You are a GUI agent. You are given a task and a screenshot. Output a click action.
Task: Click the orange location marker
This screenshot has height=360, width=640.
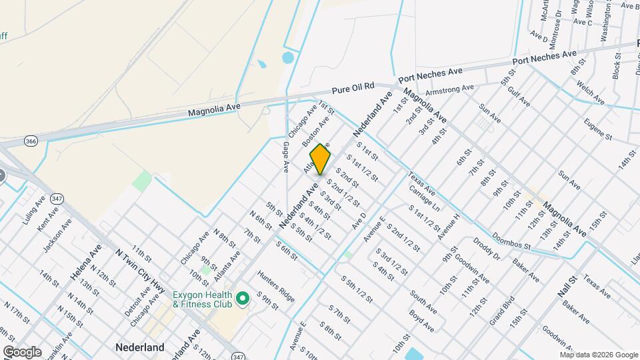(x=321, y=159)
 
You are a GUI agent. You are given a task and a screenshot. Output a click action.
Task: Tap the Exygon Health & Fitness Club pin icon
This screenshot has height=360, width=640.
(x=243, y=297)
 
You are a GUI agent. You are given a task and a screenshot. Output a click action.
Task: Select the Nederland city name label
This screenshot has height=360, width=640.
(x=140, y=347)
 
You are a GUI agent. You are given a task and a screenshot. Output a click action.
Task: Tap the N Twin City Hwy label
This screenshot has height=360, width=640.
(x=141, y=269)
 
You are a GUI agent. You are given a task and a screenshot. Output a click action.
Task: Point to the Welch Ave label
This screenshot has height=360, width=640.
(x=592, y=93)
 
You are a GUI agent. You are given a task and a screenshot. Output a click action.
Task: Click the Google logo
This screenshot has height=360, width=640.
(x=22, y=352)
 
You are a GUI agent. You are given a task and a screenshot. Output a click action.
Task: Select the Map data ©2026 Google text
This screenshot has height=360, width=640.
(x=598, y=354)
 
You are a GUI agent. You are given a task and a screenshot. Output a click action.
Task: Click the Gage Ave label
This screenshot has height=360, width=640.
(x=286, y=157)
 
